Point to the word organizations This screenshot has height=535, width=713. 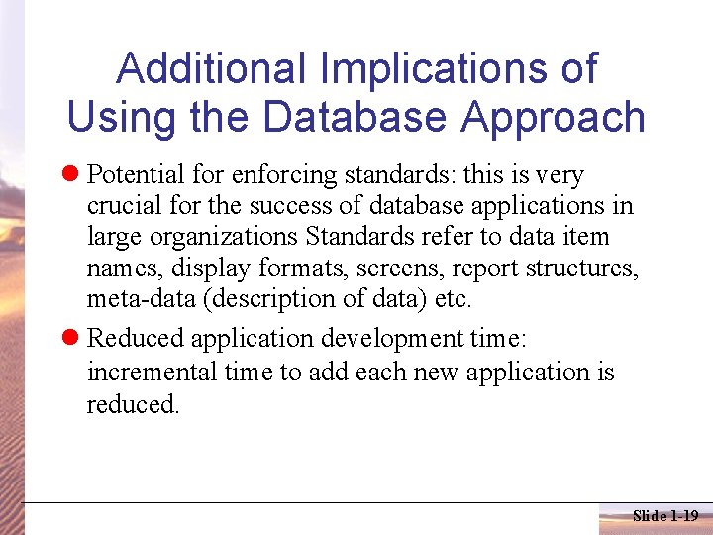point(235,237)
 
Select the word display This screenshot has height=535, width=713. point(213,267)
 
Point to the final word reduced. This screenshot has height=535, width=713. point(133,403)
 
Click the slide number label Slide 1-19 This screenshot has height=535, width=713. point(664,515)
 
